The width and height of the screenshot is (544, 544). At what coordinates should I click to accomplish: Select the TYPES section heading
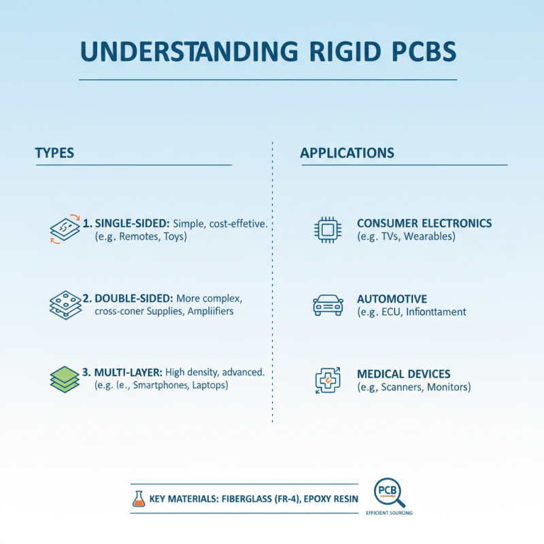54,153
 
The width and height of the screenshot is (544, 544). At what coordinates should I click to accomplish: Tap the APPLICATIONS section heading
347,153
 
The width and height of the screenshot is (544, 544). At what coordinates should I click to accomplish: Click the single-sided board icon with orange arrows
65,229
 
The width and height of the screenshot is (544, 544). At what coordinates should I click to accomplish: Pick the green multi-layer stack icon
65,379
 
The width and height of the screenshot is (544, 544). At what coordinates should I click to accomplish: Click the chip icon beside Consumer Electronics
327,230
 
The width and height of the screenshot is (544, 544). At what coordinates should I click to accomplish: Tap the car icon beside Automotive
327,305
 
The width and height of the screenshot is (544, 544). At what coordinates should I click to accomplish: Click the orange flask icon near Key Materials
139,498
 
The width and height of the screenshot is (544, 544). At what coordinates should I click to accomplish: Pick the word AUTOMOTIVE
392,299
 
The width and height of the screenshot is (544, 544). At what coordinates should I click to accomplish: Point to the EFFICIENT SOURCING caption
389,512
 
